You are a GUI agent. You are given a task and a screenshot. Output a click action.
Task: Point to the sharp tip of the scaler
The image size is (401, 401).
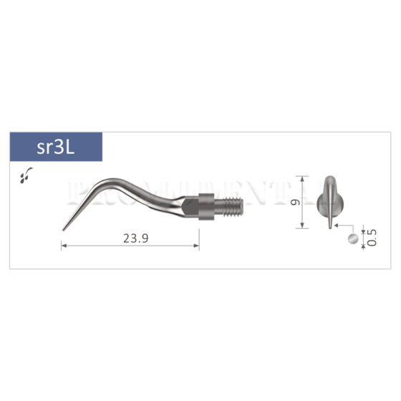(63, 229)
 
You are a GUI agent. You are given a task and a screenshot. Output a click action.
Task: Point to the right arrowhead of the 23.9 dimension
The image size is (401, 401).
(198, 247)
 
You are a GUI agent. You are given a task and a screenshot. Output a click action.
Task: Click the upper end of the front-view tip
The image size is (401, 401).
(329, 179)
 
